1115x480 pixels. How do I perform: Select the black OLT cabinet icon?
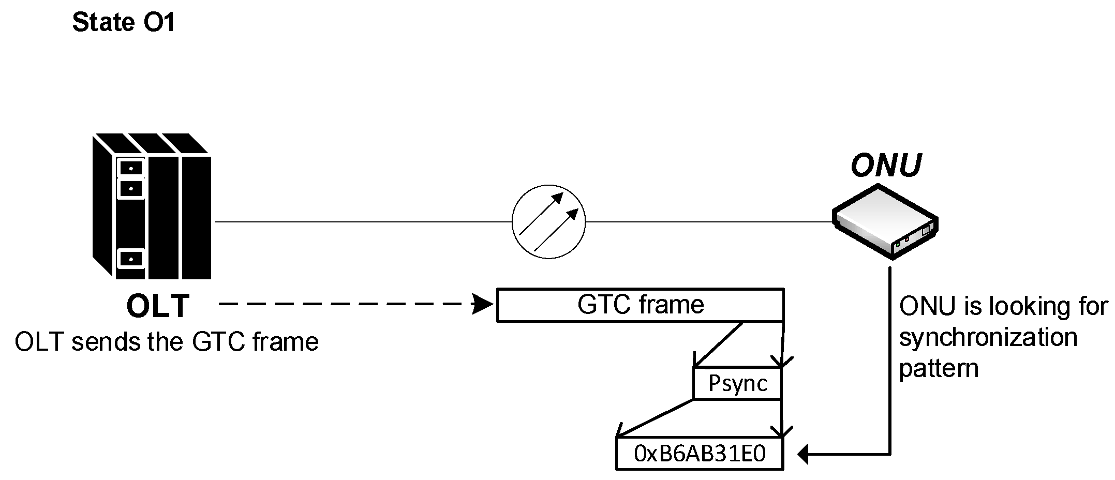click(x=152, y=206)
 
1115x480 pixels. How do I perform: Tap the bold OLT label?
click(x=158, y=306)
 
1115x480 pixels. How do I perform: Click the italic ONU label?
click(x=886, y=166)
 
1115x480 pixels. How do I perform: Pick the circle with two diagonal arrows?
click(x=548, y=221)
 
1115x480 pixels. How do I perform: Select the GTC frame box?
click(x=640, y=305)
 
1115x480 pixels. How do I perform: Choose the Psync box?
click(x=737, y=383)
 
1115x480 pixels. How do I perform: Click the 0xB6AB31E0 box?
click(x=699, y=454)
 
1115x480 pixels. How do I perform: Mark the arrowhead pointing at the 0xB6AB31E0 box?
click(x=803, y=455)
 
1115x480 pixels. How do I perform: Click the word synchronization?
click(x=988, y=338)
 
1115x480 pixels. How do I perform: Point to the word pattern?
click(x=939, y=369)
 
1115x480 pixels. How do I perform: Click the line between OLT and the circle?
click(x=362, y=222)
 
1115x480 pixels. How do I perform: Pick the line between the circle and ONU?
click(x=709, y=222)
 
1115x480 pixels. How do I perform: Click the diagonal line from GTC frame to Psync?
click(x=719, y=344)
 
